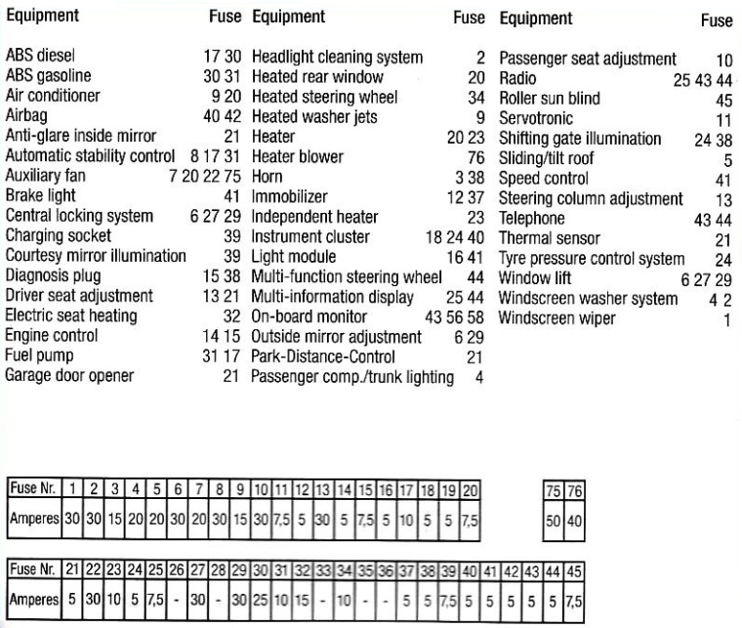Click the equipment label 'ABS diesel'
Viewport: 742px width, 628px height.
(40, 58)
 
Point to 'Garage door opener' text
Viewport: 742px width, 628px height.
(69, 375)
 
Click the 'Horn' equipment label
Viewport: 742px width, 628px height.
(267, 177)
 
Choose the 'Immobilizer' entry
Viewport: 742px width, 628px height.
(290, 196)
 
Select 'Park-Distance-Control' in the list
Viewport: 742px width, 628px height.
(323, 356)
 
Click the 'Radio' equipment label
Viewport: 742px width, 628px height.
(517, 78)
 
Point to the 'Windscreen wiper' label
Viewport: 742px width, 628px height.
(556, 318)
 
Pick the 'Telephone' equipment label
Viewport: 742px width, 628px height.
(531, 219)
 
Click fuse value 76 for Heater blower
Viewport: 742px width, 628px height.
(476, 156)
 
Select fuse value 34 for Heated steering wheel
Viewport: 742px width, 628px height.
(476, 97)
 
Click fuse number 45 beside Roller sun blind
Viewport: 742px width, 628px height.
(723, 99)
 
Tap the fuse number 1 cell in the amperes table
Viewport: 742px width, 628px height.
(72, 487)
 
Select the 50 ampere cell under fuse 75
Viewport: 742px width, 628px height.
(554, 521)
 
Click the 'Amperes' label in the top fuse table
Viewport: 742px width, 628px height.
(34, 520)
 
